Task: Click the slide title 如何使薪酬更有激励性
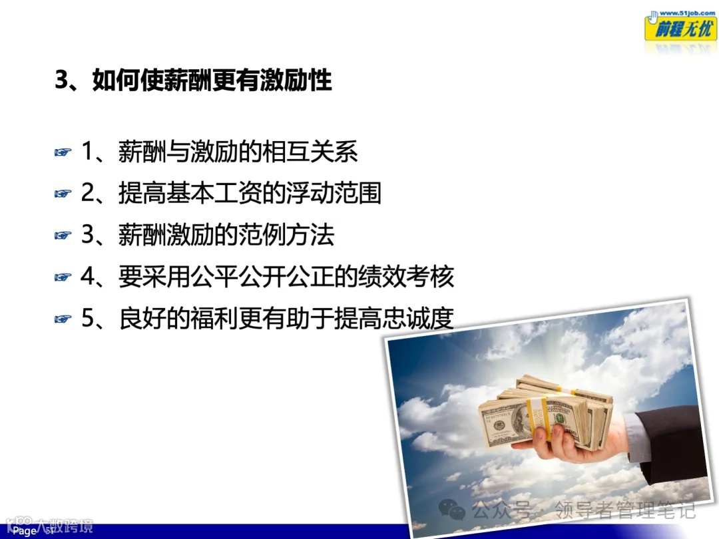[x=193, y=81]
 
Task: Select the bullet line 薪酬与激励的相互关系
[x=220, y=152]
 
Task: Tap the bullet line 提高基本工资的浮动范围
[x=231, y=193]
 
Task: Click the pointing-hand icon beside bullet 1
[x=62, y=153]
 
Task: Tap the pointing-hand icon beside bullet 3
[x=62, y=236]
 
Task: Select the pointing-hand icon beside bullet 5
[x=62, y=319]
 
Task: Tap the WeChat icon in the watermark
[x=453, y=510]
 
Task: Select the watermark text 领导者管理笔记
[x=619, y=510]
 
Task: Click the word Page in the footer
[x=25, y=531]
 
